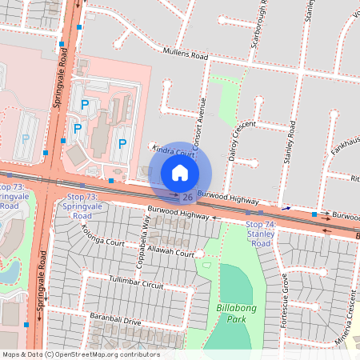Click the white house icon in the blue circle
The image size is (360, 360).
(180, 173)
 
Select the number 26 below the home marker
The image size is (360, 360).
(186, 197)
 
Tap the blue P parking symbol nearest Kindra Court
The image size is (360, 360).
(122, 144)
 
